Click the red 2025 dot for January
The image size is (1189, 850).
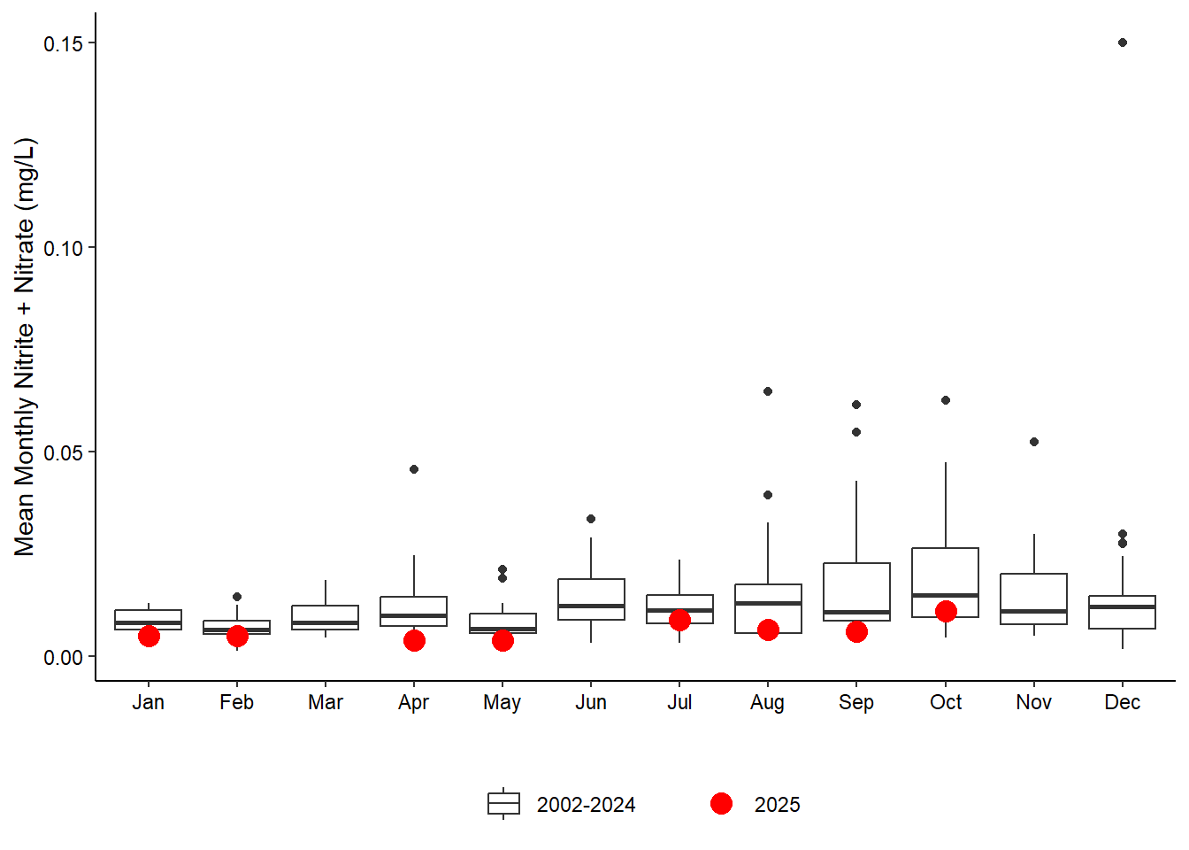149,637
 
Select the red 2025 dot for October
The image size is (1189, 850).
946,612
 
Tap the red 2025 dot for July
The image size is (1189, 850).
679,621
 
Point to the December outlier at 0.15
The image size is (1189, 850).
1123,42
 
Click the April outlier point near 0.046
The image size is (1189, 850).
414,469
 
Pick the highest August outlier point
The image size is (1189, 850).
768,391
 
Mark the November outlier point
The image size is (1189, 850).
1034,442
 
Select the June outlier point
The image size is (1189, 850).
591,519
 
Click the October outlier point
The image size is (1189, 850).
946,400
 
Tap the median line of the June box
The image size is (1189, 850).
591,607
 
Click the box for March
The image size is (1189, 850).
326,617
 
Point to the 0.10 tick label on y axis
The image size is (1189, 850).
63,249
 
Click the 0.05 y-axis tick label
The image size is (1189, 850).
63,453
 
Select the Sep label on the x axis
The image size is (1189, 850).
856,703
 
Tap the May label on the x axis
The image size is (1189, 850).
502,703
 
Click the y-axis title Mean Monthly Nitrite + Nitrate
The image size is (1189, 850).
25,347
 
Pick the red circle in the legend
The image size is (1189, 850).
721,804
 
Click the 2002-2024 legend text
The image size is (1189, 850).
586,805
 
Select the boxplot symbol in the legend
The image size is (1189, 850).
503,804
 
